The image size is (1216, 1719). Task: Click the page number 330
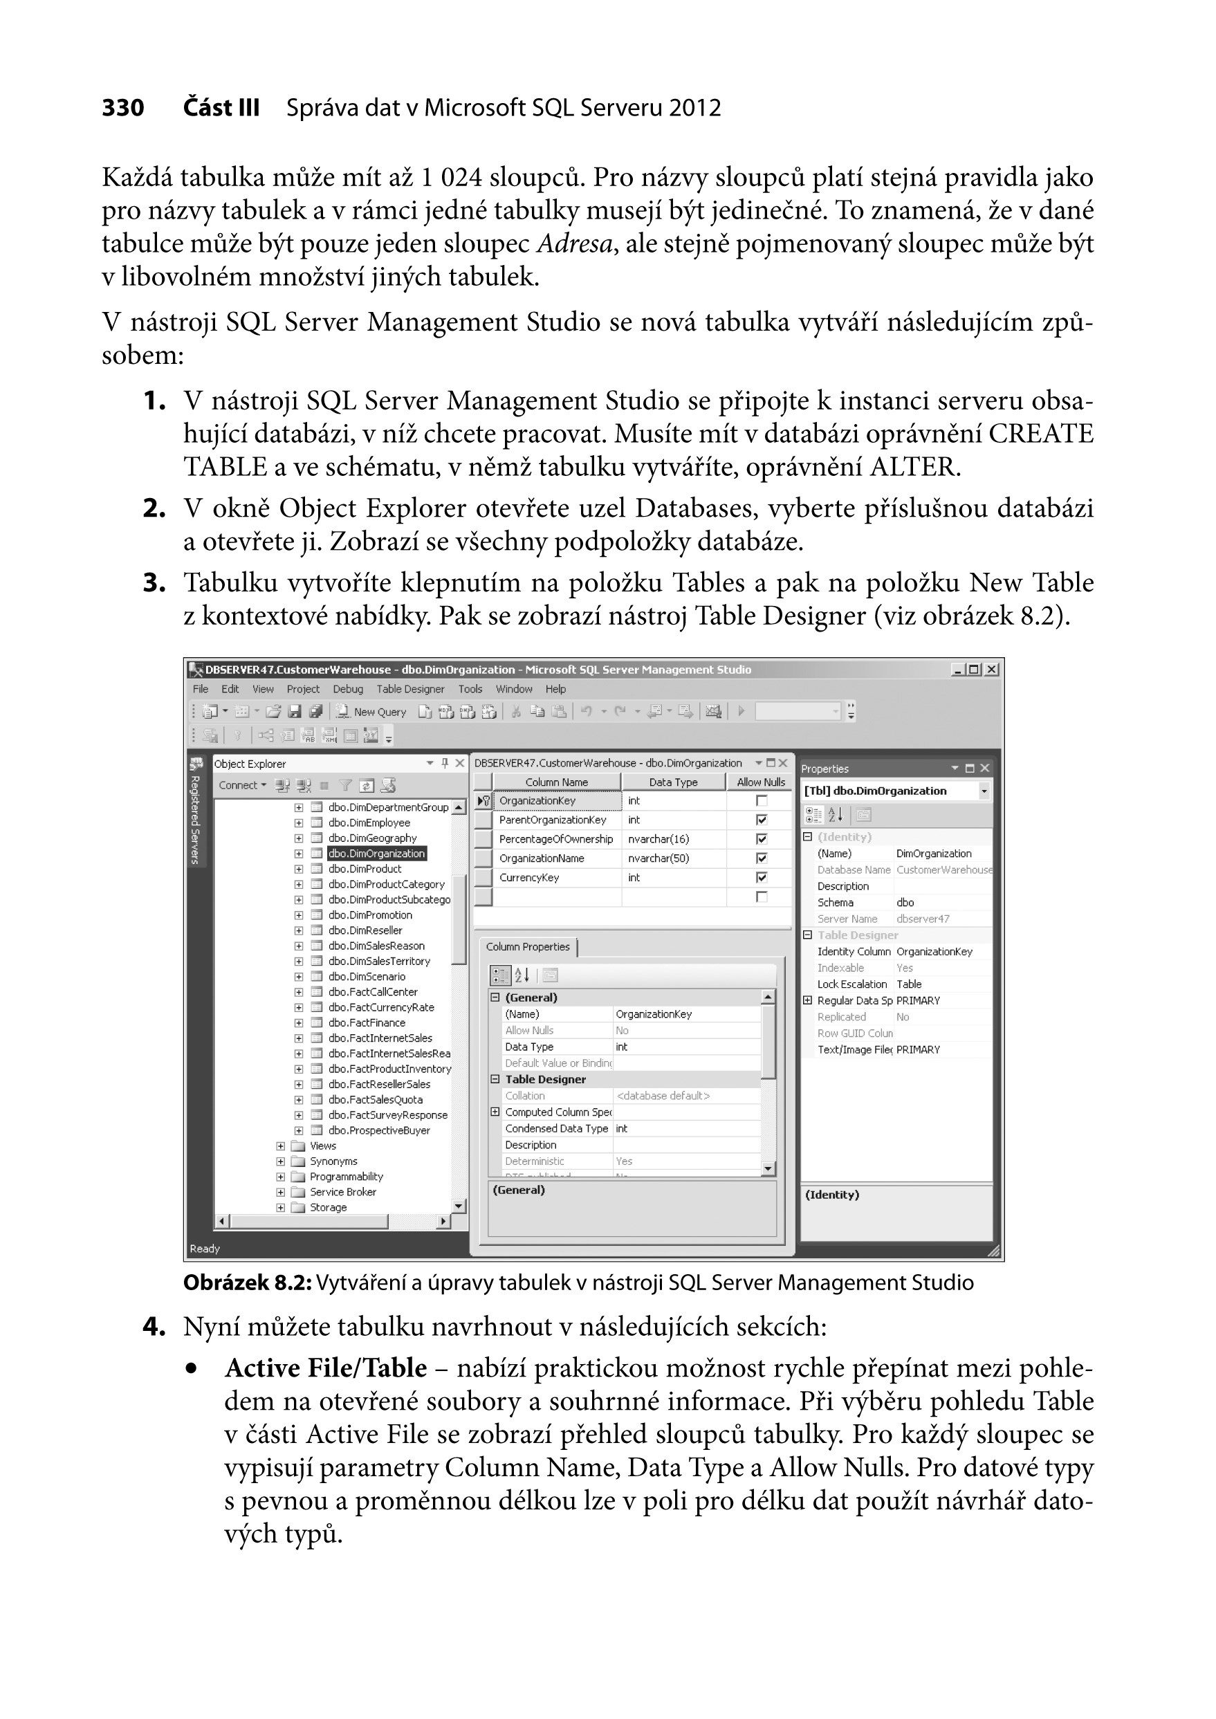pyautogui.click(x=123, y=108)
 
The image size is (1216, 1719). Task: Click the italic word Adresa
pyautogui.click(x=574, y=244)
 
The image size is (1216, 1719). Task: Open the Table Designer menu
pyautogui.click(x=409, y=689)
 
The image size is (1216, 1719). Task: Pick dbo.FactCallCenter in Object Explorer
pyautogui.click(x=372, y=992)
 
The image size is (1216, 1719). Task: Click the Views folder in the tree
pyautogui.click(x=323, y=1146)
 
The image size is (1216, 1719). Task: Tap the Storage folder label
pyautogui.click(x=328, y=1207)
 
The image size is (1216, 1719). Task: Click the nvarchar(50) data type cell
pyautogui.click(x=658, y=858)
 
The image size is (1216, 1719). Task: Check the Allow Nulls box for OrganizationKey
pyautogui.click(x=762, y=801)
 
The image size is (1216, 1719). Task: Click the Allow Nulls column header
pyautogui.click(x=760, y=782)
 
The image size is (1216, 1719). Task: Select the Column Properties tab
pyautogui.click(x=528, y=946)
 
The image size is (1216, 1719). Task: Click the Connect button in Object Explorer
pyautogui.click(x=241, y=785)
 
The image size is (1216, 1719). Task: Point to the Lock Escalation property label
pyautogui.click(x=851, y=984)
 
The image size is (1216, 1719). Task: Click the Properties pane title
pyautogui.click(x=825, y=769)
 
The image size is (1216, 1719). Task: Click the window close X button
pyautogui.click(x=991, y=670)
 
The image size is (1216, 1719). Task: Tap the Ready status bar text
pyautogui.click(x=205, y=1249)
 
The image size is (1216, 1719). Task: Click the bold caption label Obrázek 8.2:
pyautogui.click(x=247, y=1283)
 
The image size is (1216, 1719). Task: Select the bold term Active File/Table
pyautogui.click(x=326, y=1368)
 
